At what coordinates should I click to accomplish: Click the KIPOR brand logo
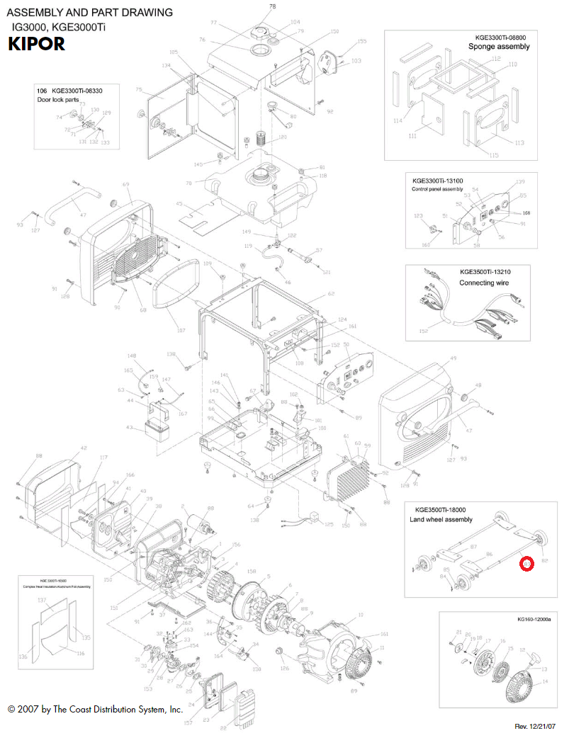pos(36,45)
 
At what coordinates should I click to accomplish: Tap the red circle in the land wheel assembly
pos(526,564)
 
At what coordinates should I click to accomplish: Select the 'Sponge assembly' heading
pos(499,47)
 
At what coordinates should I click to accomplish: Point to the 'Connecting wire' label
pos(485,283)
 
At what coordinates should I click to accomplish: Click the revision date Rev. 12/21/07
pos(535,727)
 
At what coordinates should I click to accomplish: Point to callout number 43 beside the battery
pos(129,427)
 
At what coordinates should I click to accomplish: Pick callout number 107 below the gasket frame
pos(181,331)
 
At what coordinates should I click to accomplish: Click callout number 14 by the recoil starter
pos(545,681)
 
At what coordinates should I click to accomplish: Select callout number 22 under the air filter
pos(222,728)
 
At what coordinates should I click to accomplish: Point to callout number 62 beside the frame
pos(330,293)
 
